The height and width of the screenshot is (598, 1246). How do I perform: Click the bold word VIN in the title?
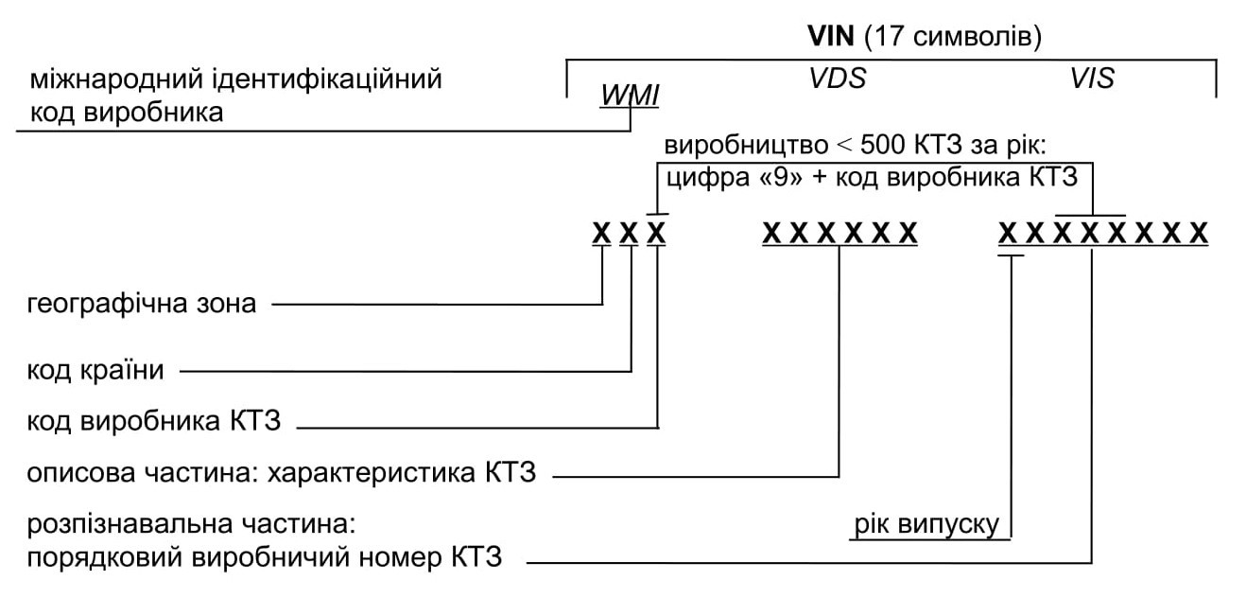pyautogui.click(x=832, y=37)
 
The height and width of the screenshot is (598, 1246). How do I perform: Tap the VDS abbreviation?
pyautogui.click(x=837, y=79)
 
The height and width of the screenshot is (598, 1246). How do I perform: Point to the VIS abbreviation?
pyautogui.click(x=1092, y=79)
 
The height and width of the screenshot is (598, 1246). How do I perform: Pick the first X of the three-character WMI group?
pyautogui.click(x=601, y=233)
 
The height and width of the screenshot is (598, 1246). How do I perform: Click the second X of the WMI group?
pyautogui.click(x=629, y=233)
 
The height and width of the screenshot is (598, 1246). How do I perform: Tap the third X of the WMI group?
pyautogui.click(x=656, y=233)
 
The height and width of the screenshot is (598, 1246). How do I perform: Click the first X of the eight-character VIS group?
pyautogui.click(x=1010, y=233)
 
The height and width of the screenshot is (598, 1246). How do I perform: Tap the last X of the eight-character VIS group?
pyautogui.click(x=1200, y=233)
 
